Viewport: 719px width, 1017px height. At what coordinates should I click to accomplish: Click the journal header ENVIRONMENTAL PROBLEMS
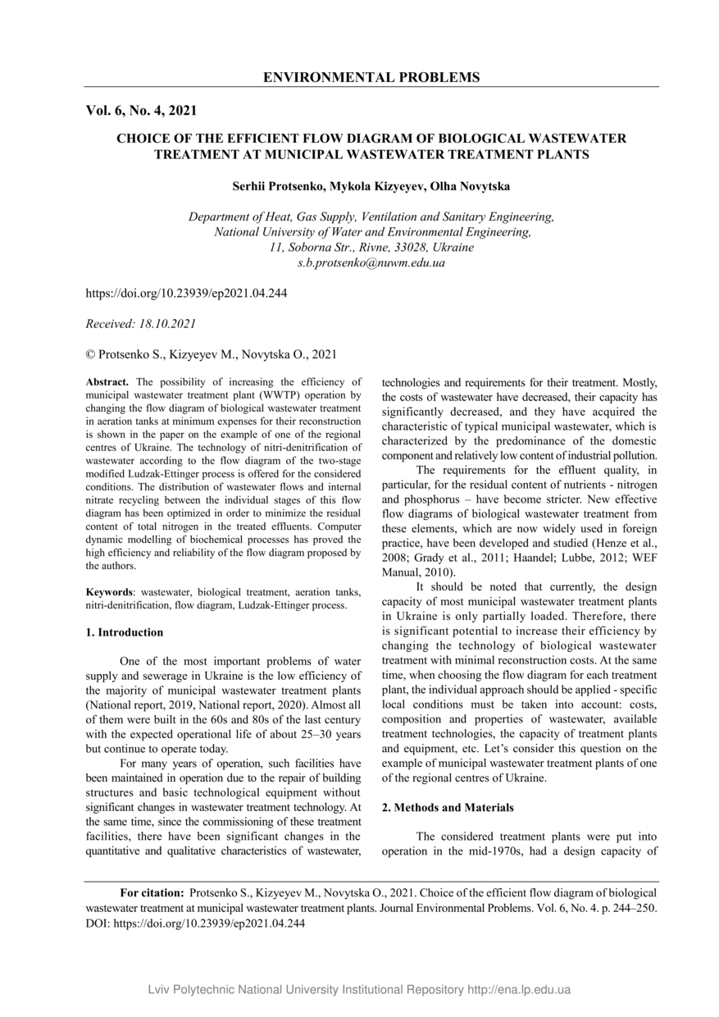point(371,77)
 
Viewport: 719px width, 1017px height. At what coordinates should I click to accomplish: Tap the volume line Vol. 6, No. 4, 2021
point(141,110)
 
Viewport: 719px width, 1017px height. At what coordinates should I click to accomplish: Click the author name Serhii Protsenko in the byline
point(278,186)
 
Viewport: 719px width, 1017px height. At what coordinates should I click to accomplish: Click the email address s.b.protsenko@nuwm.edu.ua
point(371,263)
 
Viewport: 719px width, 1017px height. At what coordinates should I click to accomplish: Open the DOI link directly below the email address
point(186,293)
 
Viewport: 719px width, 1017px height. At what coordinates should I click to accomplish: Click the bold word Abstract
point(107,382)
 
